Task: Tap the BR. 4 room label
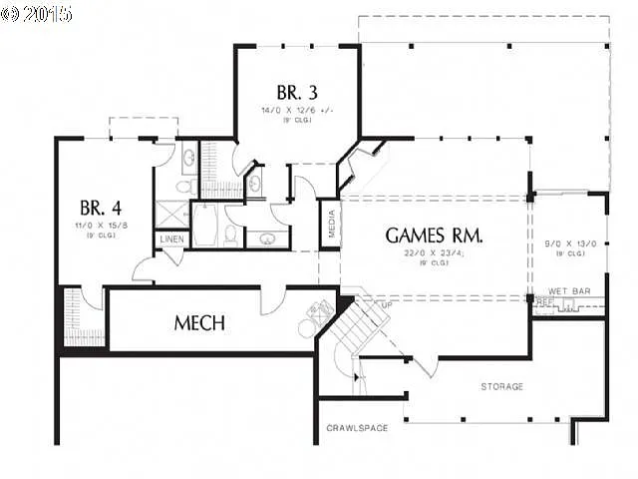(101, 209)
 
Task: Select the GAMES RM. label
(435, 236)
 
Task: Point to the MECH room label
(199, 323)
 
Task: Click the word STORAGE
(502, 386)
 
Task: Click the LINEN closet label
(170, 240)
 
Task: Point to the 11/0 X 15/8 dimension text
(101, 227)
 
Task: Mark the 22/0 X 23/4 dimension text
(435, 255)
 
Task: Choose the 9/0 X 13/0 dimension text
(570, 243)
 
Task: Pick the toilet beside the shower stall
(183, 187)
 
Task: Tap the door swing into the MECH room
(273, 301)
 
